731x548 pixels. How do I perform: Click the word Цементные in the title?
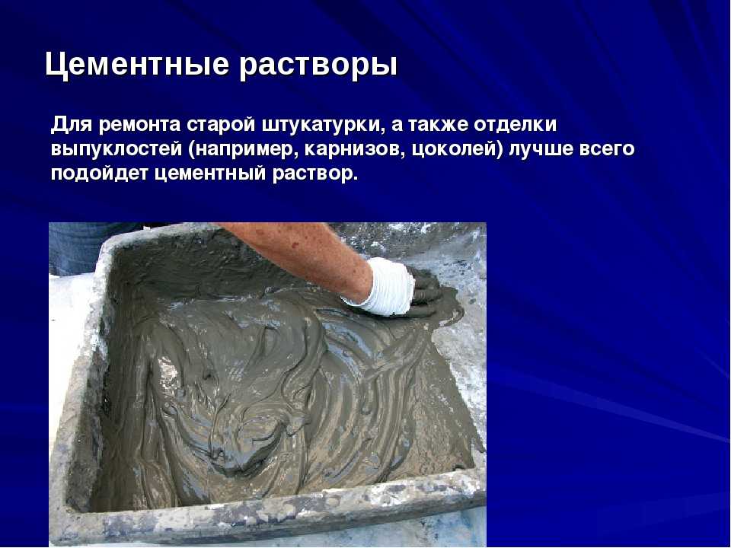point(136,64)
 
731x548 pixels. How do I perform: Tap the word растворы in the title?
point(318,65)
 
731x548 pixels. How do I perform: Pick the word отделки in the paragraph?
point(516,125)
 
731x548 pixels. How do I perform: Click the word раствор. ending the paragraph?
point(315,174)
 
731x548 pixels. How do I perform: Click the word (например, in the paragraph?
point(244,150)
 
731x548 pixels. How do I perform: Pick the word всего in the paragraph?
point(607,150)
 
